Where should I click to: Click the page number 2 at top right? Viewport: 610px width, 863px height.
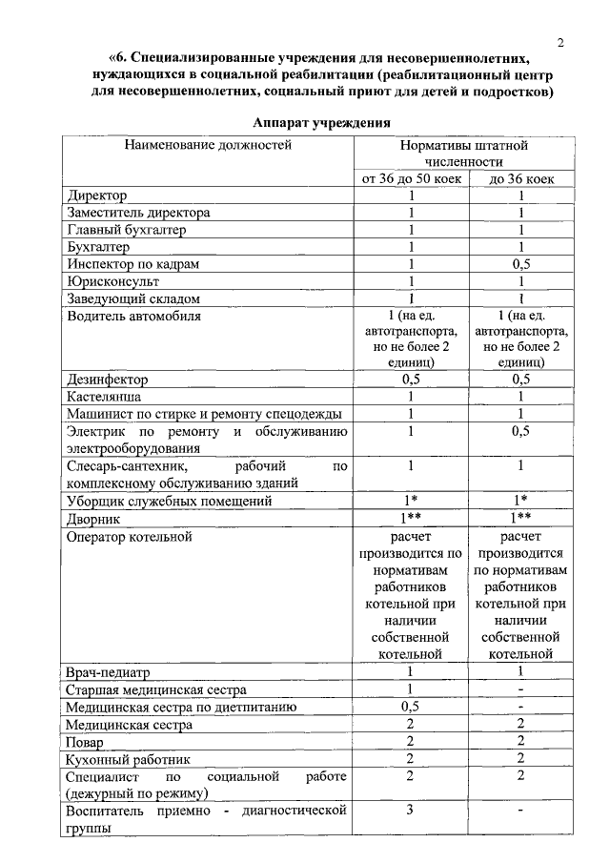561,42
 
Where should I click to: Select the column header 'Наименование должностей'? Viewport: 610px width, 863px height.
207,145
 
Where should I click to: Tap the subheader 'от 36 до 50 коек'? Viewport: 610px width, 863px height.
412,178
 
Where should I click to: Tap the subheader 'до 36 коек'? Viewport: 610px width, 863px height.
521,178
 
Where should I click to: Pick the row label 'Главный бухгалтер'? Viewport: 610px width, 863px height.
127,230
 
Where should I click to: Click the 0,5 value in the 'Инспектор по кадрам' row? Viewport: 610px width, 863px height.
521,264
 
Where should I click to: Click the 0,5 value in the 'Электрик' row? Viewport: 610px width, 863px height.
521,431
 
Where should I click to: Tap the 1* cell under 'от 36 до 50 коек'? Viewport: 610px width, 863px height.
412,500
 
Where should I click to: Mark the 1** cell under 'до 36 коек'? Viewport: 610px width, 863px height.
521,517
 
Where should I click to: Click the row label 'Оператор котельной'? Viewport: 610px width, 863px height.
130,536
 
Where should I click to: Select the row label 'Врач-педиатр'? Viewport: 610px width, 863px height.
111,672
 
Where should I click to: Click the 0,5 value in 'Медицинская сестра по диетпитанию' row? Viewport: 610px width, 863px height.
412,707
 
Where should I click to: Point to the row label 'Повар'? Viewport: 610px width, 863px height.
86,741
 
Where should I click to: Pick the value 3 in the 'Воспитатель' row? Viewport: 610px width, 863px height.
412,811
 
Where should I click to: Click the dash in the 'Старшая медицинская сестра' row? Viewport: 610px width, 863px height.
521,689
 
